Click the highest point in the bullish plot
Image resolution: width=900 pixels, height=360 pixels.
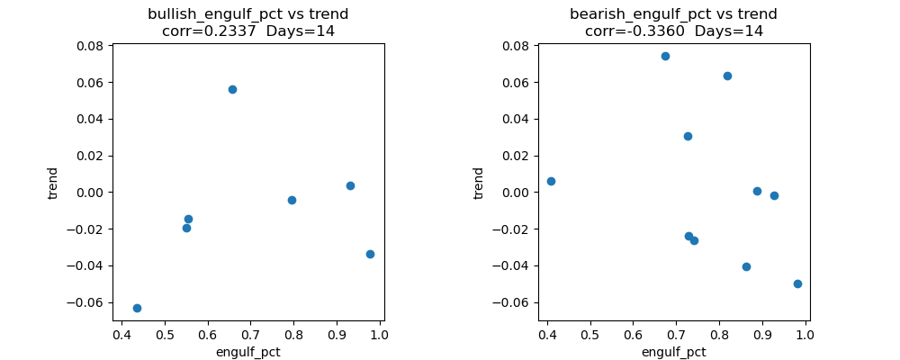click(232, 89)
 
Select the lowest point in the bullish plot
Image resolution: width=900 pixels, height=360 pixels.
click(137, 308)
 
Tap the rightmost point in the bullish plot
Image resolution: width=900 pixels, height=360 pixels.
click(370, 254)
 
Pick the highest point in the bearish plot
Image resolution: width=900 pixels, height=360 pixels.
click(665, 56)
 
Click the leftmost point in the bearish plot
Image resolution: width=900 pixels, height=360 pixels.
click(551, 181)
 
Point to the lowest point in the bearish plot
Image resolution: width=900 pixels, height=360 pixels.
click(797, 283)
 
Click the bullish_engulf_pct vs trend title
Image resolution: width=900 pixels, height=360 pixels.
click(247, 14)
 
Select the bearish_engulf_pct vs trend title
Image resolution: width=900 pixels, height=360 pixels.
click(673, 14)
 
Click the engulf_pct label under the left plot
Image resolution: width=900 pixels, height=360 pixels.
click(247, 352)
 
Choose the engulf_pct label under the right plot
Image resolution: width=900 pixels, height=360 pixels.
click(673, 352)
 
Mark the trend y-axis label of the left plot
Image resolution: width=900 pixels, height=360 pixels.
click(53, 183)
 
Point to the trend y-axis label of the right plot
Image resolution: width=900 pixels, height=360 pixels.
click(479, 183)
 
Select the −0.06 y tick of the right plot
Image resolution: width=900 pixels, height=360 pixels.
click(515, 302)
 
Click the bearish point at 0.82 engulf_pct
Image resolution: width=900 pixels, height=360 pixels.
click(727, 76)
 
